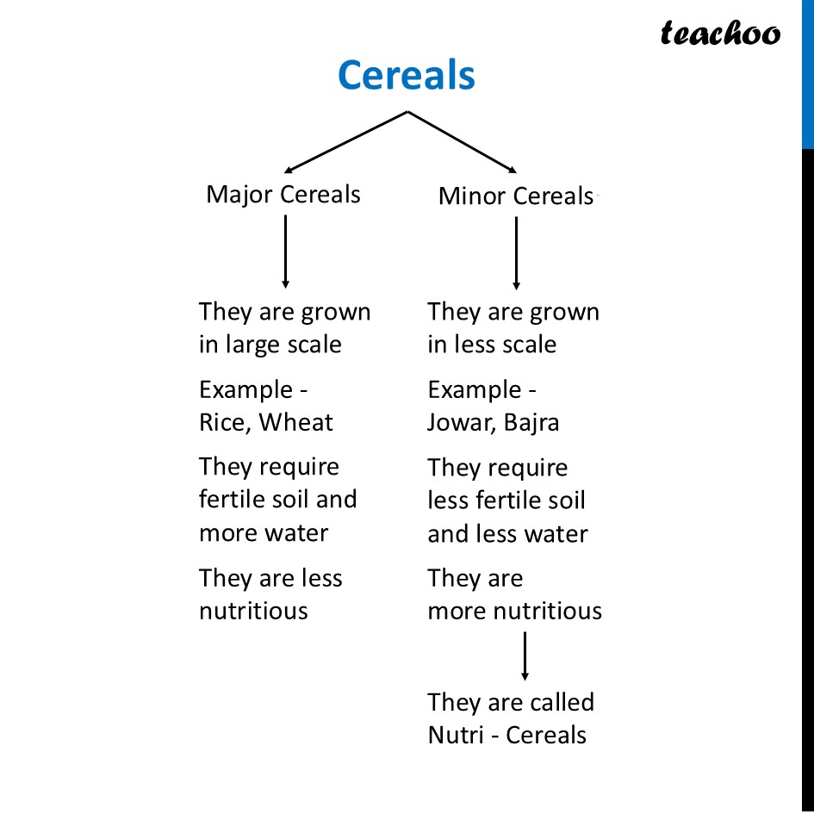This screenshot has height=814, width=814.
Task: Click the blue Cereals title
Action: point(407,75)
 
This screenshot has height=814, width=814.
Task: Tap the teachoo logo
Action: point(720,33)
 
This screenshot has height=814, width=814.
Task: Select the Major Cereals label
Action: point(283,196)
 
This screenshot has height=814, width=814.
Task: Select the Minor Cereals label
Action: point(515,196)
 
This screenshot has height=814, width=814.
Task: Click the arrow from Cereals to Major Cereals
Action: point(345,142)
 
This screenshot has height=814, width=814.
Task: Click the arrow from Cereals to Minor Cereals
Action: point(462,142)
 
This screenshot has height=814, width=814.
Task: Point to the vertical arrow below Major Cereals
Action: point(285,252)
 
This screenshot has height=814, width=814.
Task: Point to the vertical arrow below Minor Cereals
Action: point(516,253)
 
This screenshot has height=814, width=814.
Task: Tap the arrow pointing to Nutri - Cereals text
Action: point(525,656)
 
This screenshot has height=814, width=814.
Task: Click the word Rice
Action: point(221,423)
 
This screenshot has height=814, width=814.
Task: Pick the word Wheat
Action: point(296,422)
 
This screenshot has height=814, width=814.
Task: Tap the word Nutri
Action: point(456,735)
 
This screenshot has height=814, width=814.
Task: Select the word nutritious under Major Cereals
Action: point(253,611)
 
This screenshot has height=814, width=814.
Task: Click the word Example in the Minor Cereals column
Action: point(475,390)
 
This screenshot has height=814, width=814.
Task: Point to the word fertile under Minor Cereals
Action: point(506,500)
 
